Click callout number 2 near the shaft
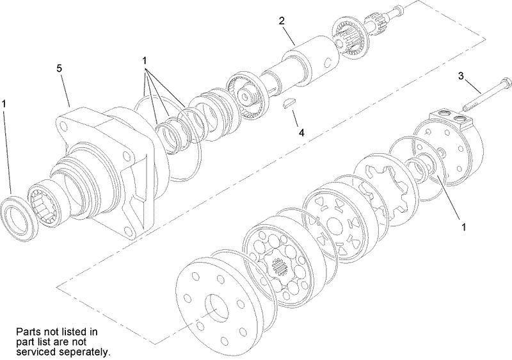click(281, 20)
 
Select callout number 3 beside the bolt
click(460, 76)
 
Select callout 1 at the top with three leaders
click(145, 60)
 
